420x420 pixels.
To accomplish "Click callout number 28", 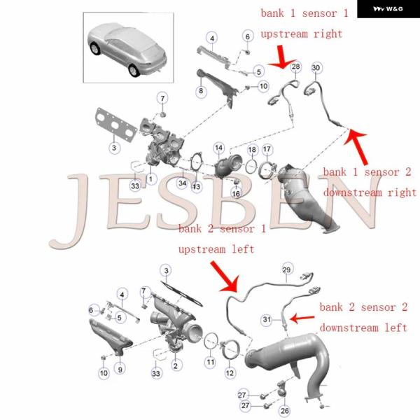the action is (295, 66).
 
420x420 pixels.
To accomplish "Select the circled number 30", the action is (316, 68).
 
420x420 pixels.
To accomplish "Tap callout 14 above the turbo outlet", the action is (219, 148).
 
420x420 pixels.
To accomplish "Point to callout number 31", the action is (267, 319).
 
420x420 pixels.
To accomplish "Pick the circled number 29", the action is (286, 269).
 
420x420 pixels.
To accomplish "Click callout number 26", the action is (284, 411).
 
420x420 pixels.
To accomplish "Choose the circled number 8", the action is (201, 91).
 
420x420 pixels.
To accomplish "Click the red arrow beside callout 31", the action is (302, 318).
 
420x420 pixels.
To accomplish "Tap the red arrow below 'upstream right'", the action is (281, 57).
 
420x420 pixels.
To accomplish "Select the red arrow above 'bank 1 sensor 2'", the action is (356, 146).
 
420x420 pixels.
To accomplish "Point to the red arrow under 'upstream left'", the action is (225, 277).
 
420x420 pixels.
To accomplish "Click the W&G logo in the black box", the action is (388, 9).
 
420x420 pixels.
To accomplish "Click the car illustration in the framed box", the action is (127, 50).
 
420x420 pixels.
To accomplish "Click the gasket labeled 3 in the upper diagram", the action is (115, 124).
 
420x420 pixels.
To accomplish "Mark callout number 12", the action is (230, 373).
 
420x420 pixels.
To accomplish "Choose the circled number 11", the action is (211, 363).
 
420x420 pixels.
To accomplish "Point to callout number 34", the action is (183, 183).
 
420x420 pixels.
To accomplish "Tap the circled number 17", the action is (267, 149).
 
